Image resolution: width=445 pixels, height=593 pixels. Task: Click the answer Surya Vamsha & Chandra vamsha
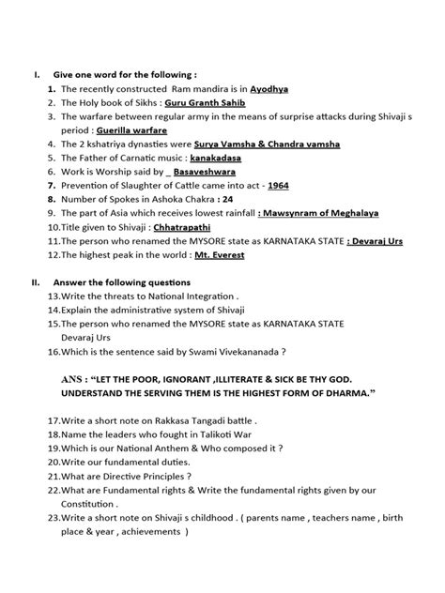click(x=267, y=144)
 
